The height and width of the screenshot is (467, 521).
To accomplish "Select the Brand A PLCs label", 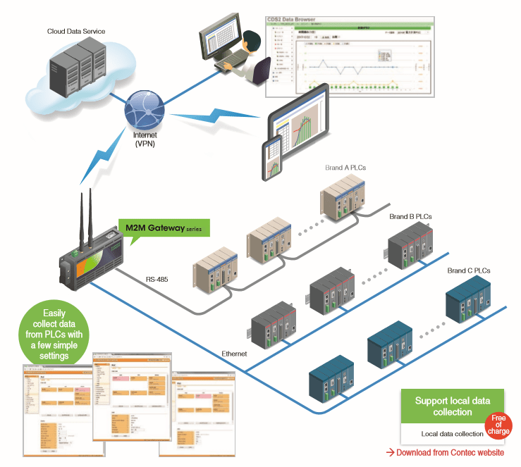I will (x=345, y=168).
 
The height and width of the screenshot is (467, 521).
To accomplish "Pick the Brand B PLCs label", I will (x=410, y=217).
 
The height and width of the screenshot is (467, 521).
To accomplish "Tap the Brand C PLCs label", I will (x=468, y=270).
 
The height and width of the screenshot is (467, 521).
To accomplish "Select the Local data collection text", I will (x=452, y=434).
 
